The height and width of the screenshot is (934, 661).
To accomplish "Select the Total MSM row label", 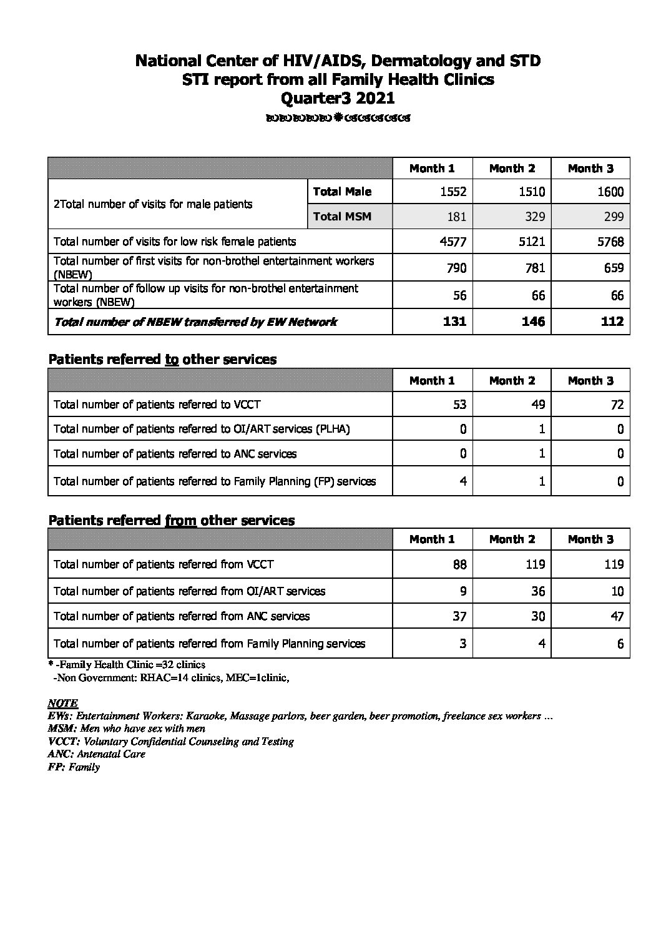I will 342,217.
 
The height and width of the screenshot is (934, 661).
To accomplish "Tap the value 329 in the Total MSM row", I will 534,217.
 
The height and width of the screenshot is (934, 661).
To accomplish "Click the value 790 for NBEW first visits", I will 456,268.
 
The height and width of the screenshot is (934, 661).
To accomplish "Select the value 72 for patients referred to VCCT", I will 617,405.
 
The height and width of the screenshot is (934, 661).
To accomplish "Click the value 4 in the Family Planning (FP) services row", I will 462,481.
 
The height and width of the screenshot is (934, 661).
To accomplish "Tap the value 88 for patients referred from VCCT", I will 459,564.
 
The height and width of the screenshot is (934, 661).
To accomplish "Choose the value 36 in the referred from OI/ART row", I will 538,591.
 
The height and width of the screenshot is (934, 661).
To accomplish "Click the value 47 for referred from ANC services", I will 617,616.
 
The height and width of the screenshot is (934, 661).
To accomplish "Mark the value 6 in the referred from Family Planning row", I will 620,644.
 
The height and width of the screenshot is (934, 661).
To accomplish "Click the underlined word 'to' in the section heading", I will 172,360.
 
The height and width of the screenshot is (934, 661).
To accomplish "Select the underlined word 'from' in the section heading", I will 180,520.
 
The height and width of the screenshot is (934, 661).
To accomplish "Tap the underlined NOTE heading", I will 62,704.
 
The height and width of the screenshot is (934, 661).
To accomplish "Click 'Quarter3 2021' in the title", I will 338,98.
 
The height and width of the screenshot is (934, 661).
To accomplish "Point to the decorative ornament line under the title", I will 338,118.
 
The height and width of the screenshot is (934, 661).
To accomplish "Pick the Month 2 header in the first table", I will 512,169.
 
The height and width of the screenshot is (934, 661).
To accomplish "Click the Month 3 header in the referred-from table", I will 590,539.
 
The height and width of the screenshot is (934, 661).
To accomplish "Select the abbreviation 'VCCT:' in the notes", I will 64,742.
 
